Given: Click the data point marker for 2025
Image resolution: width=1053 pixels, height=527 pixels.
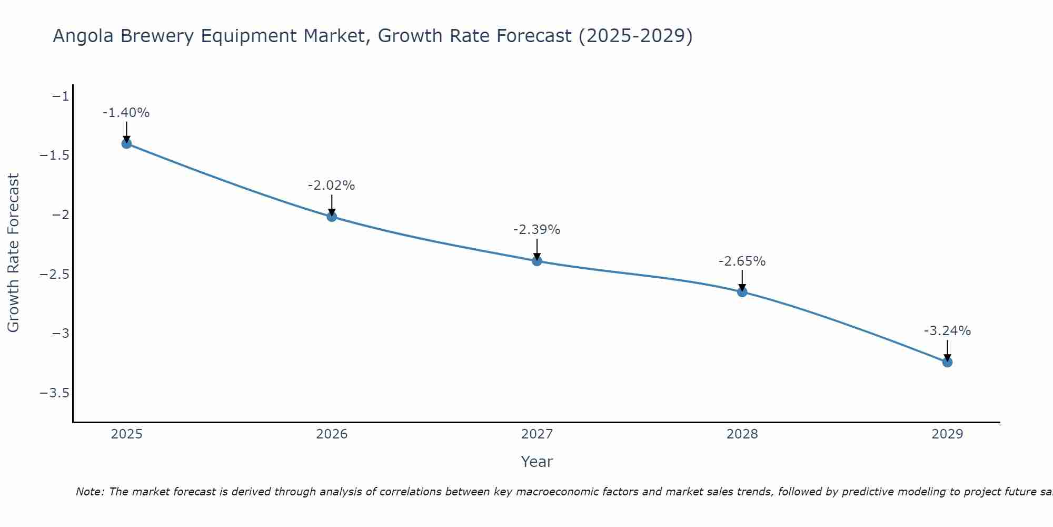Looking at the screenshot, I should pos(126,143).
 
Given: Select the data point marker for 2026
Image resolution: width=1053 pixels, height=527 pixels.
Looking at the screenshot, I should pos(332,216).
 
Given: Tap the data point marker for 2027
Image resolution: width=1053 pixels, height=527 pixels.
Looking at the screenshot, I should pos(537,260).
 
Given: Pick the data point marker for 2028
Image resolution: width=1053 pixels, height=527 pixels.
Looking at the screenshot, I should pos(742,291).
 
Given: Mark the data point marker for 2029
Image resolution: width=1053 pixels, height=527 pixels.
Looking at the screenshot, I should pos(947,362).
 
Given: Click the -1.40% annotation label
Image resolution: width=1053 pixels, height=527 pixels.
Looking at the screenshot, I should pos(126,113).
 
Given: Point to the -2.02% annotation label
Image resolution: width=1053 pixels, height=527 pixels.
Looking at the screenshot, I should pos(332,186).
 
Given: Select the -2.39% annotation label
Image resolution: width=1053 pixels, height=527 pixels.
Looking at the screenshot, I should pos(537,230).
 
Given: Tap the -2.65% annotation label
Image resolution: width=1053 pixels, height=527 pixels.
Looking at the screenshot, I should pos(742,261).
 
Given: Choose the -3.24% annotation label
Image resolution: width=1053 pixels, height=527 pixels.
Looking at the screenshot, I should pos(947,331).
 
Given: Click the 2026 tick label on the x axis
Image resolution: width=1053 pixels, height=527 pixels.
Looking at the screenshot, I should pos(332,434).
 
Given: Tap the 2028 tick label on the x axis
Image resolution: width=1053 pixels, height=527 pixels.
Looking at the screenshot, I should pos(742,434).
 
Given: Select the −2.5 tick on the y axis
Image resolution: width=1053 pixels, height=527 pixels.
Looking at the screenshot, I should pos(55,274).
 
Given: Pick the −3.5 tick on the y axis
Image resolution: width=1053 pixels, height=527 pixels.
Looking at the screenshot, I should pos(55,393).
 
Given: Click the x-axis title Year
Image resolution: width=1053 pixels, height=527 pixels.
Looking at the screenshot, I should pos(537,462).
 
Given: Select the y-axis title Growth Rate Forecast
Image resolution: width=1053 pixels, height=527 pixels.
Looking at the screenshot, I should pos(14,253).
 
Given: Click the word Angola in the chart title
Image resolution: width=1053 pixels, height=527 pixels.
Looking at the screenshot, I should pos(84,36).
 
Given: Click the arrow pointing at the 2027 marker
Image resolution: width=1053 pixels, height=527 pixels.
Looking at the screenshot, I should pos(537,249).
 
